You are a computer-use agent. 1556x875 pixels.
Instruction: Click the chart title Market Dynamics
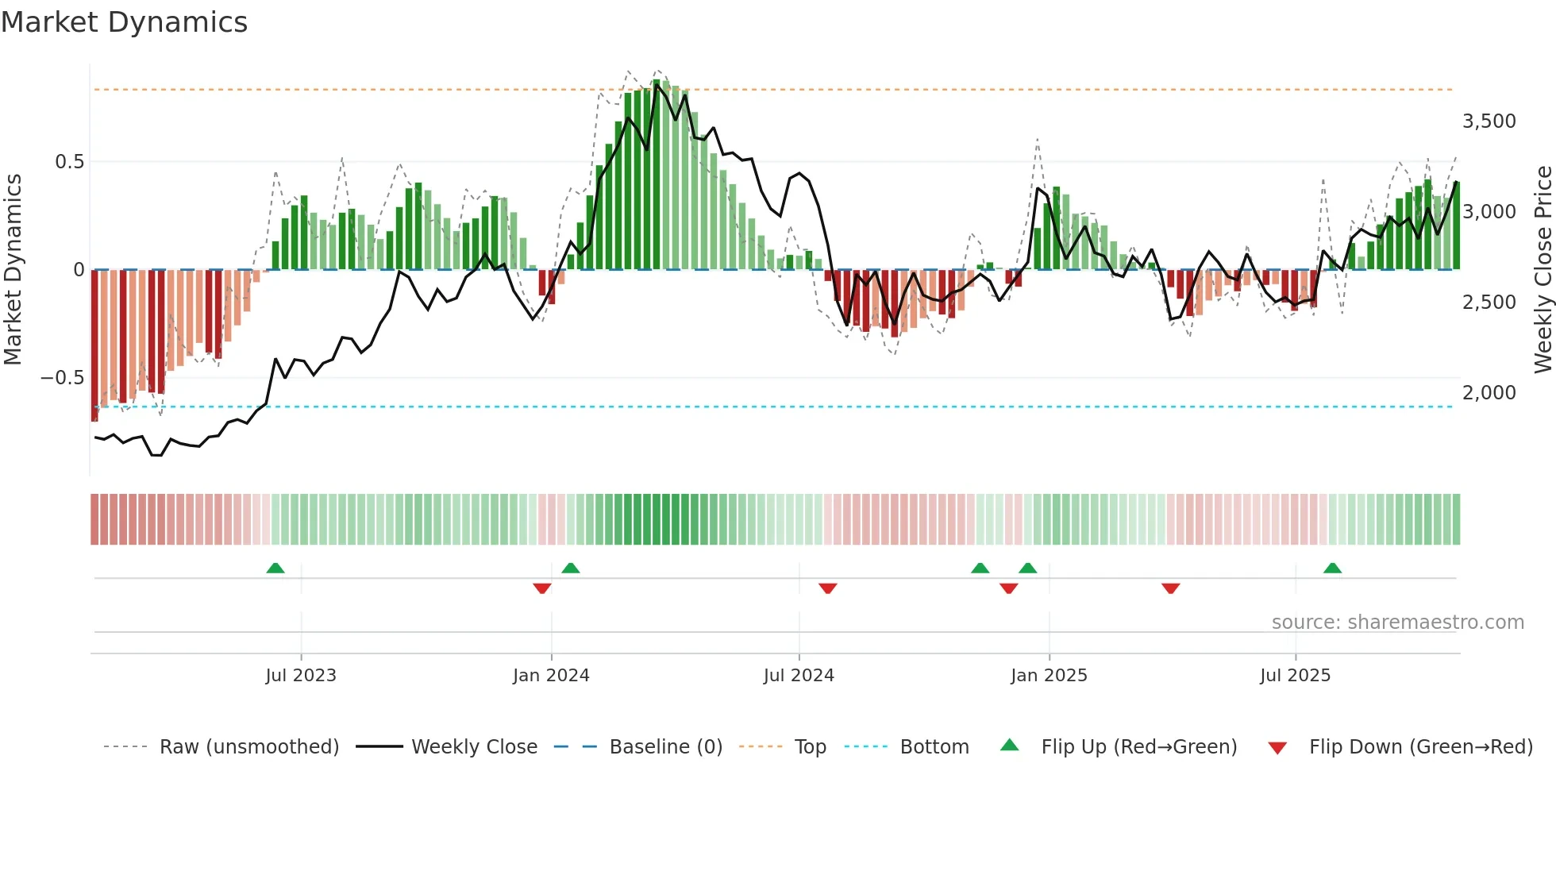pos(124,22)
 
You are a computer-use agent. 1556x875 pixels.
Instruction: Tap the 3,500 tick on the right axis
pos(1489,121)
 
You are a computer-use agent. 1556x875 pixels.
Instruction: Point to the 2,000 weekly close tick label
pos(1489,393)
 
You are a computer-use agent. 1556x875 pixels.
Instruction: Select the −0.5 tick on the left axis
pos(62,378)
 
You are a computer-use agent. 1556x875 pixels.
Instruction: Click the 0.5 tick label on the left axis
pos(69,162)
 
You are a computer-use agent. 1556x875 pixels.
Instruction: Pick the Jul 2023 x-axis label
pos(301,676)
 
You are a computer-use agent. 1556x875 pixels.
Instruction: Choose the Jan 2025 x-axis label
pos(1049,676)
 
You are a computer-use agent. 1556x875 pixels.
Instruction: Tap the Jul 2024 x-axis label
pos(799,676)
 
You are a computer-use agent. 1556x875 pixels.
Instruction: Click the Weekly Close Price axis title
pos(1543,270)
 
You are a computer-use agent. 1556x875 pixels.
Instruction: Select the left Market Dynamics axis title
pos(13,270)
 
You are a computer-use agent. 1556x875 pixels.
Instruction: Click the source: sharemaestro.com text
pos(1397,623)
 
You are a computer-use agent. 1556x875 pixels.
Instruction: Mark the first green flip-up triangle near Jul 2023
pos(275,569)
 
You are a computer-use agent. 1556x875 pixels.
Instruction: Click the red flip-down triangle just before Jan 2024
pos(542,588)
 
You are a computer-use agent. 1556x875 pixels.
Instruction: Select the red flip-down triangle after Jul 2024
pos(827,588)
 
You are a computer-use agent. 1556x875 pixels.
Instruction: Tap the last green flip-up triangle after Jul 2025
pos(1332,569)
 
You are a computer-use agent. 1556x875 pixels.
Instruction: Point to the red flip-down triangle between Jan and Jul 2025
pos(1170,588)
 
